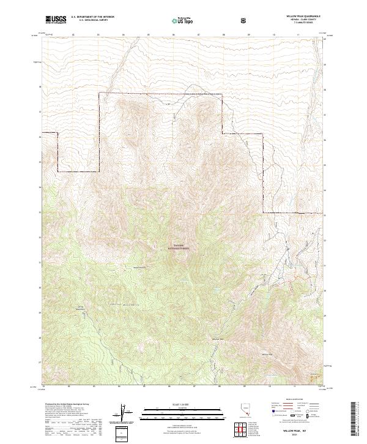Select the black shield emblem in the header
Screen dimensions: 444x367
(x=244, y=20)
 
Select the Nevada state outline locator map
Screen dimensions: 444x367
(x=241, y=412)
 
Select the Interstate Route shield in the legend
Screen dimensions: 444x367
(x=266, y=421)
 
